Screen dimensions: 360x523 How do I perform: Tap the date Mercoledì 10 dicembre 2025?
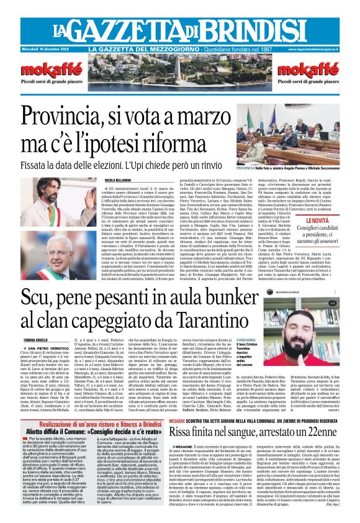point(30,49)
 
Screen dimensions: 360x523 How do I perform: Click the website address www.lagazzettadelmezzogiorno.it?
point(326,49)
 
